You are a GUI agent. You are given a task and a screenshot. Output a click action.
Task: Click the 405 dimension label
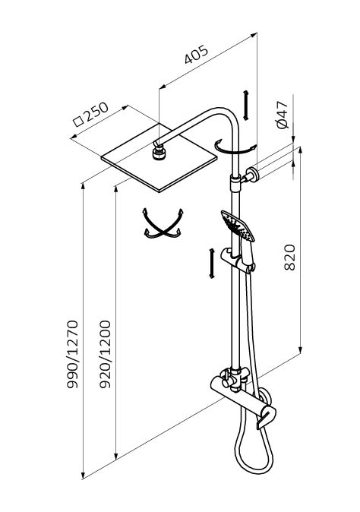point(196,54)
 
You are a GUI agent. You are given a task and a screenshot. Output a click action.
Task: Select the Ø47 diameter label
point(282,115)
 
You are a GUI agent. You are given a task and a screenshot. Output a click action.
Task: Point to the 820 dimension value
point(289,258)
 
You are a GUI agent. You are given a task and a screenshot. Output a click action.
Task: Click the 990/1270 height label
point(72,354)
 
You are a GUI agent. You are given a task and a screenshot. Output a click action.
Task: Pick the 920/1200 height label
point(105,354)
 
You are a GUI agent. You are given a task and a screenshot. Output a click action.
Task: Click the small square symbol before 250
point(78,122)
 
